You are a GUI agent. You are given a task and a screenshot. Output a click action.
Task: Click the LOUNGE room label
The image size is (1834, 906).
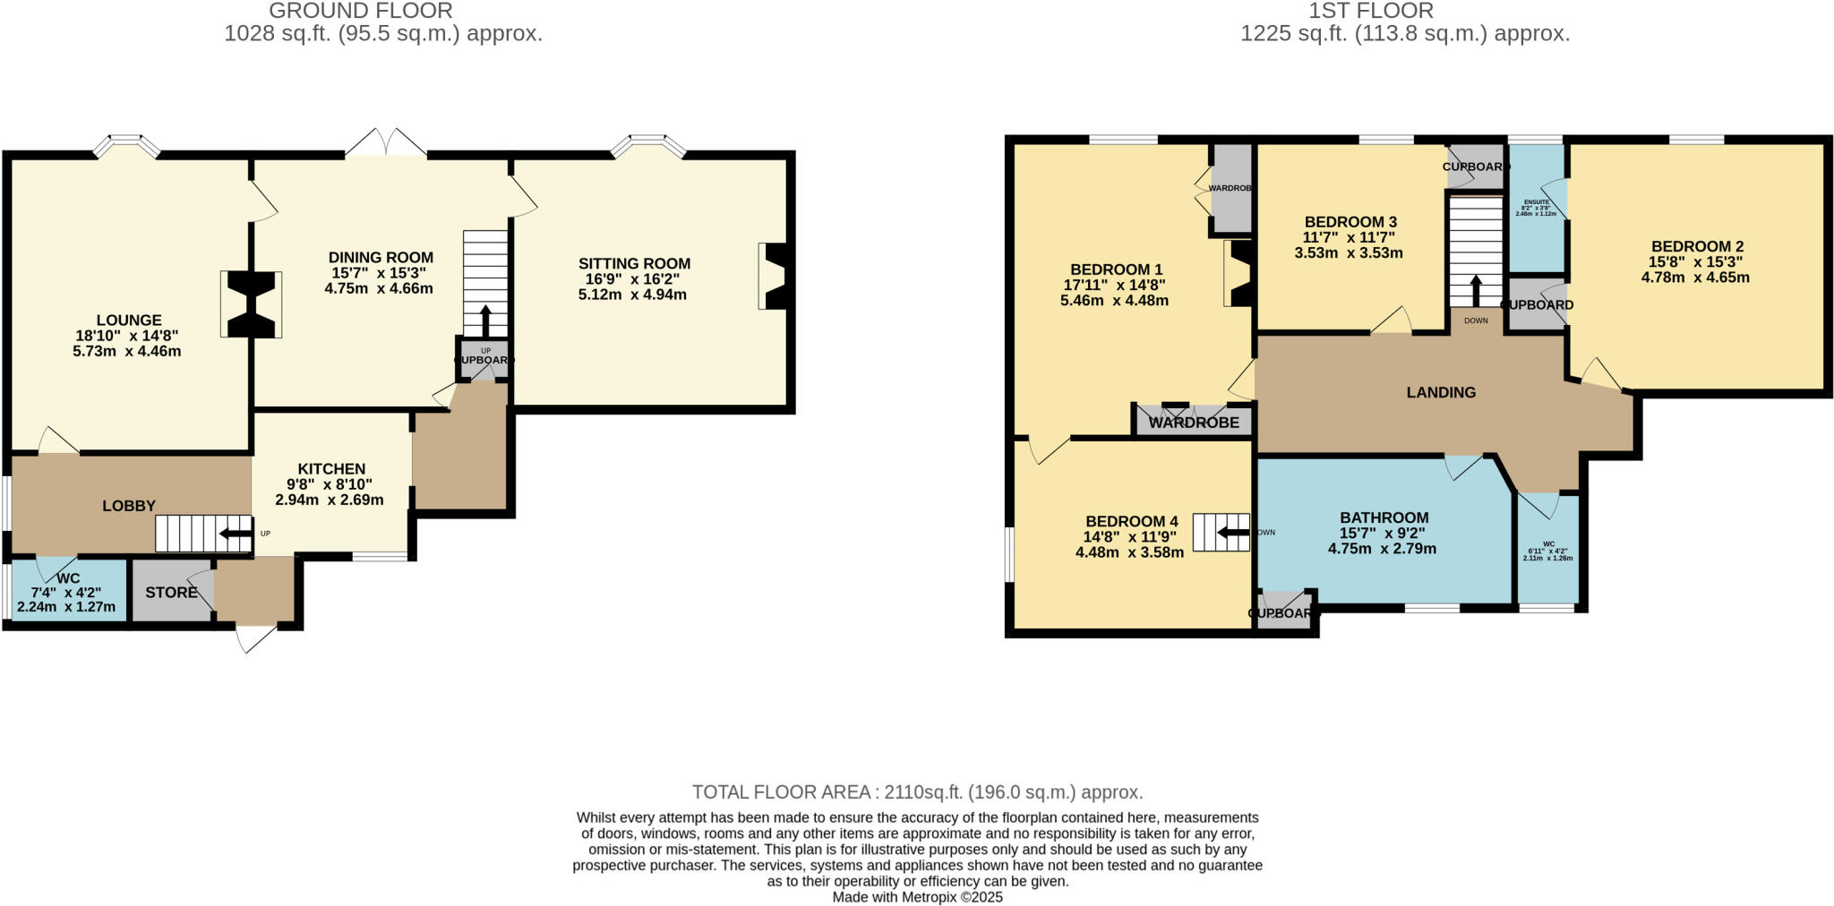129,320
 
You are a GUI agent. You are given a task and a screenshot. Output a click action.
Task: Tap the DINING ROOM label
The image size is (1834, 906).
381,257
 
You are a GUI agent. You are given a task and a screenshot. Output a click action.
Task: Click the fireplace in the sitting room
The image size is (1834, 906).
776,276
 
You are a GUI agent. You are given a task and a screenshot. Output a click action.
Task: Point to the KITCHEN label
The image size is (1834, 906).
331,468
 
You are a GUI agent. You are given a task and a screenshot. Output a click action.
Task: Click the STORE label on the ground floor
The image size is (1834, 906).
171,592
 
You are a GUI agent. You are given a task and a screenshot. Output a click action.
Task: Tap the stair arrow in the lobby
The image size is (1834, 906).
236,534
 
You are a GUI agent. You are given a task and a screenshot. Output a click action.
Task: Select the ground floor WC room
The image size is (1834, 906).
66,592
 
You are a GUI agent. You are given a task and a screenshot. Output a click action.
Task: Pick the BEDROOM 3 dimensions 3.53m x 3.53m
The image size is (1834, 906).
1348,253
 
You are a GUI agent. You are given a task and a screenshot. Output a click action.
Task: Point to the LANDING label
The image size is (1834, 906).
1440,392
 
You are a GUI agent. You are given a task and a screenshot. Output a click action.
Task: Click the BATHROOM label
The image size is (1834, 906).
1384,517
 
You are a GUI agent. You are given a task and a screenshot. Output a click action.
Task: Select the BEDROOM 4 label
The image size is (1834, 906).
1131,521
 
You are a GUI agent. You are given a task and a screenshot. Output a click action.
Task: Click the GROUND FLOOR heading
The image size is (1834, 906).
360,11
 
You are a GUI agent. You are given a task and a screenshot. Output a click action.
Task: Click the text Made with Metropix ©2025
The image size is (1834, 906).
917,897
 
